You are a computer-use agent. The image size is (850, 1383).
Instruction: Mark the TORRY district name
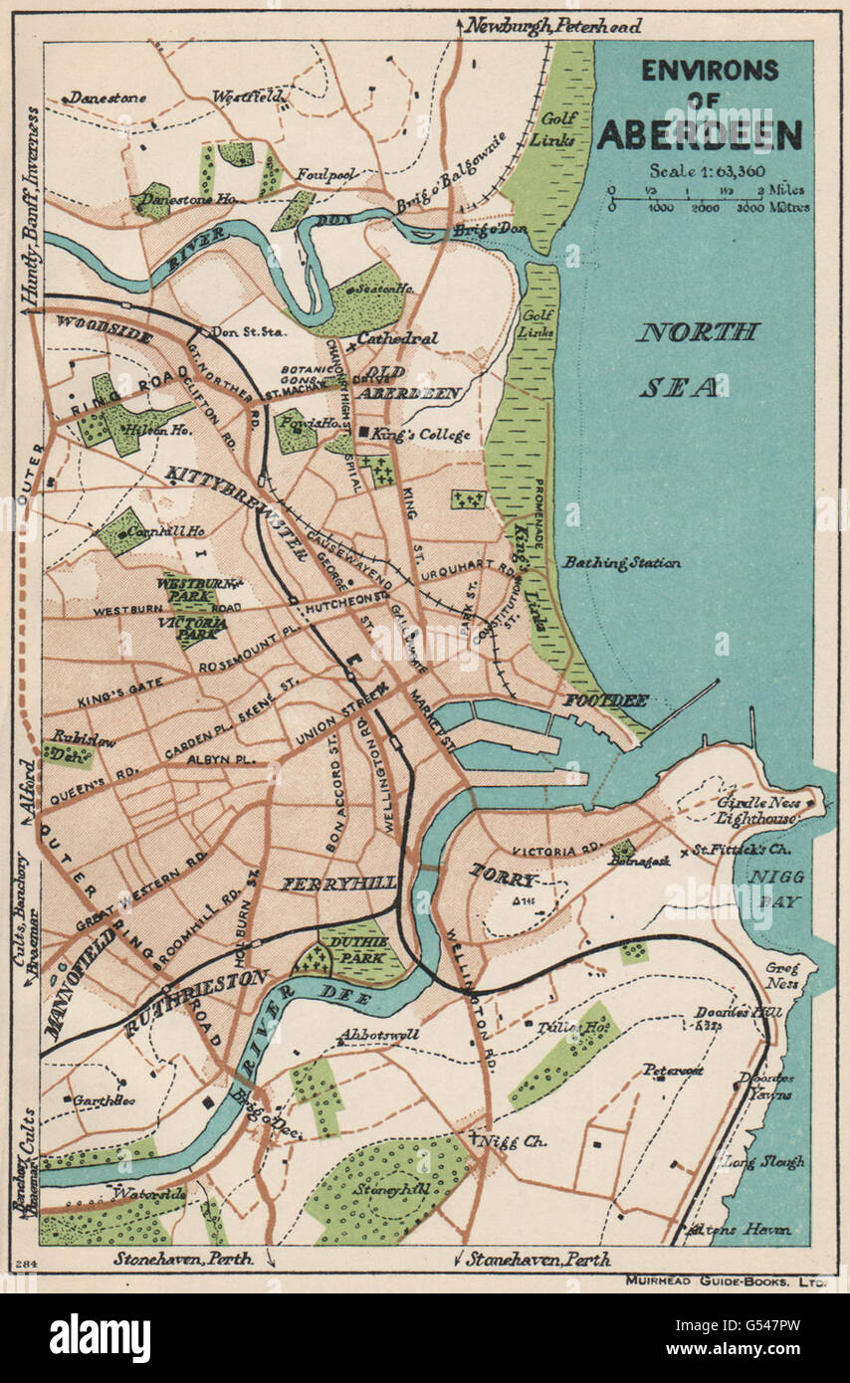point(504,880)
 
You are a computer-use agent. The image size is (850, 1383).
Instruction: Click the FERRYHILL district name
point(340,883)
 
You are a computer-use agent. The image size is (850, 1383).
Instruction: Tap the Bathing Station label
point(621,563)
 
